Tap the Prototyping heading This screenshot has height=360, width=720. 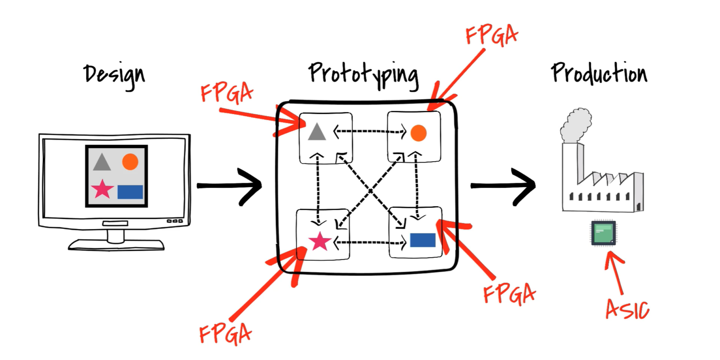363,74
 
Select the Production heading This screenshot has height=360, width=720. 599,74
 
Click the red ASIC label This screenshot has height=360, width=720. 627,309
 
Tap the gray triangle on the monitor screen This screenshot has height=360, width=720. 102,162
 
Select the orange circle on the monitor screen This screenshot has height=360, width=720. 130,162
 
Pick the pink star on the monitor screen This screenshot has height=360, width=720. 102,189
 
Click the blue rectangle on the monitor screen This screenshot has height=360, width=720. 130,192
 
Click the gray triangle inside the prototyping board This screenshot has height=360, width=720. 317,132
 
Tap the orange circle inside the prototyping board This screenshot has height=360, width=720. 418,133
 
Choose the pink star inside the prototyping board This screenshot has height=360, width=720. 320,241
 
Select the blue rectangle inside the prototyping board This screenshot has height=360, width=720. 423,240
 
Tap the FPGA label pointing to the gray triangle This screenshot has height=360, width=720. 226,92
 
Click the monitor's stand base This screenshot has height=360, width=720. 116,245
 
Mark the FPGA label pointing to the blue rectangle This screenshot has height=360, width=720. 509,293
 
